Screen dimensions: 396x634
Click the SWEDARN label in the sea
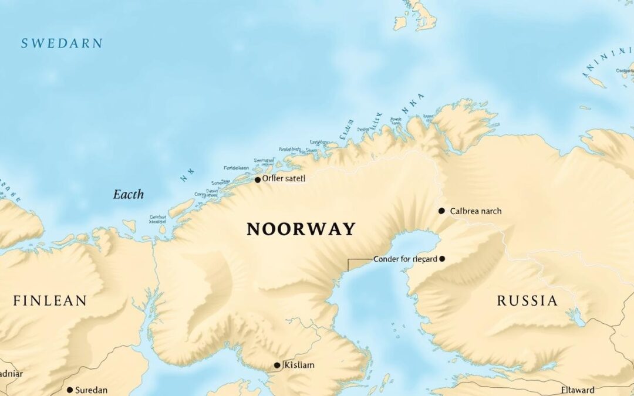pos(62,43)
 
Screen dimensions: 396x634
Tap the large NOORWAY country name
pos(301,229)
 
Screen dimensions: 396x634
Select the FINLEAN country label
pos(50,301)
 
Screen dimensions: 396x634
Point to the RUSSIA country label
pos(527,301)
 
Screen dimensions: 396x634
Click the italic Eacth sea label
pos(128,194)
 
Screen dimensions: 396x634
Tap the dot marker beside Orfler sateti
pos(257,180)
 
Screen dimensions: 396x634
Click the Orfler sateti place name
pos(284,178)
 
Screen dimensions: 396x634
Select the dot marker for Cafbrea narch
pos(441,211)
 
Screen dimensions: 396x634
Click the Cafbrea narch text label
pos(475,211)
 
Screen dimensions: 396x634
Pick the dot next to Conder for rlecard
pos(442,259)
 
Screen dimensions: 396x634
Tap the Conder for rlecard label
pos(405,259)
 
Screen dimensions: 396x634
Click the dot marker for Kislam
pos(277,365)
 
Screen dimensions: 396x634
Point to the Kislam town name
pos(298,365)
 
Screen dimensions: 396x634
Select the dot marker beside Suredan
pos(70,390)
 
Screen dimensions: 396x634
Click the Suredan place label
pos(92,390)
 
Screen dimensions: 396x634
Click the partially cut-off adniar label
pos(11,373)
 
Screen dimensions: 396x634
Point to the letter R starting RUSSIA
pos(502,301)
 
